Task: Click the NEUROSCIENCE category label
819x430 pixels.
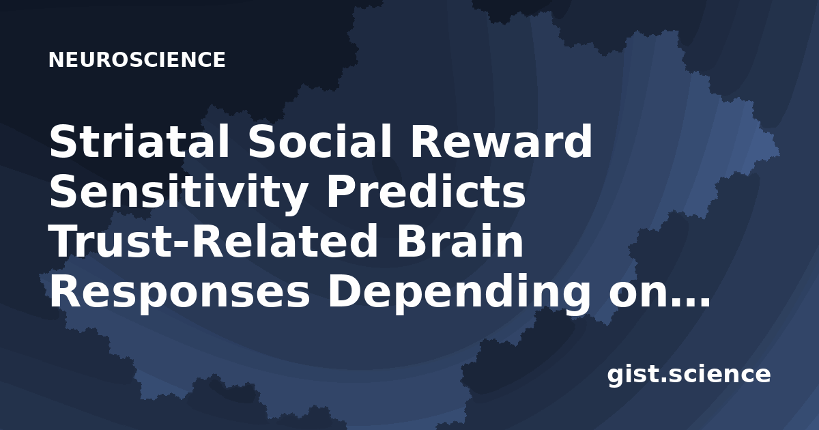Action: pos(136,59)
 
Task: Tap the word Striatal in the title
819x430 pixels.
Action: pos(140,141)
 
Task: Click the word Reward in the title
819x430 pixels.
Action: pos(501,141)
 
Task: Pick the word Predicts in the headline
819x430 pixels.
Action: pos(426,192)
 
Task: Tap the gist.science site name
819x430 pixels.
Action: pos(689,375)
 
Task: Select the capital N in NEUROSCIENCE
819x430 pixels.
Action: pos(55,59)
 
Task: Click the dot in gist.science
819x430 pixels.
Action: pos(662,380)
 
